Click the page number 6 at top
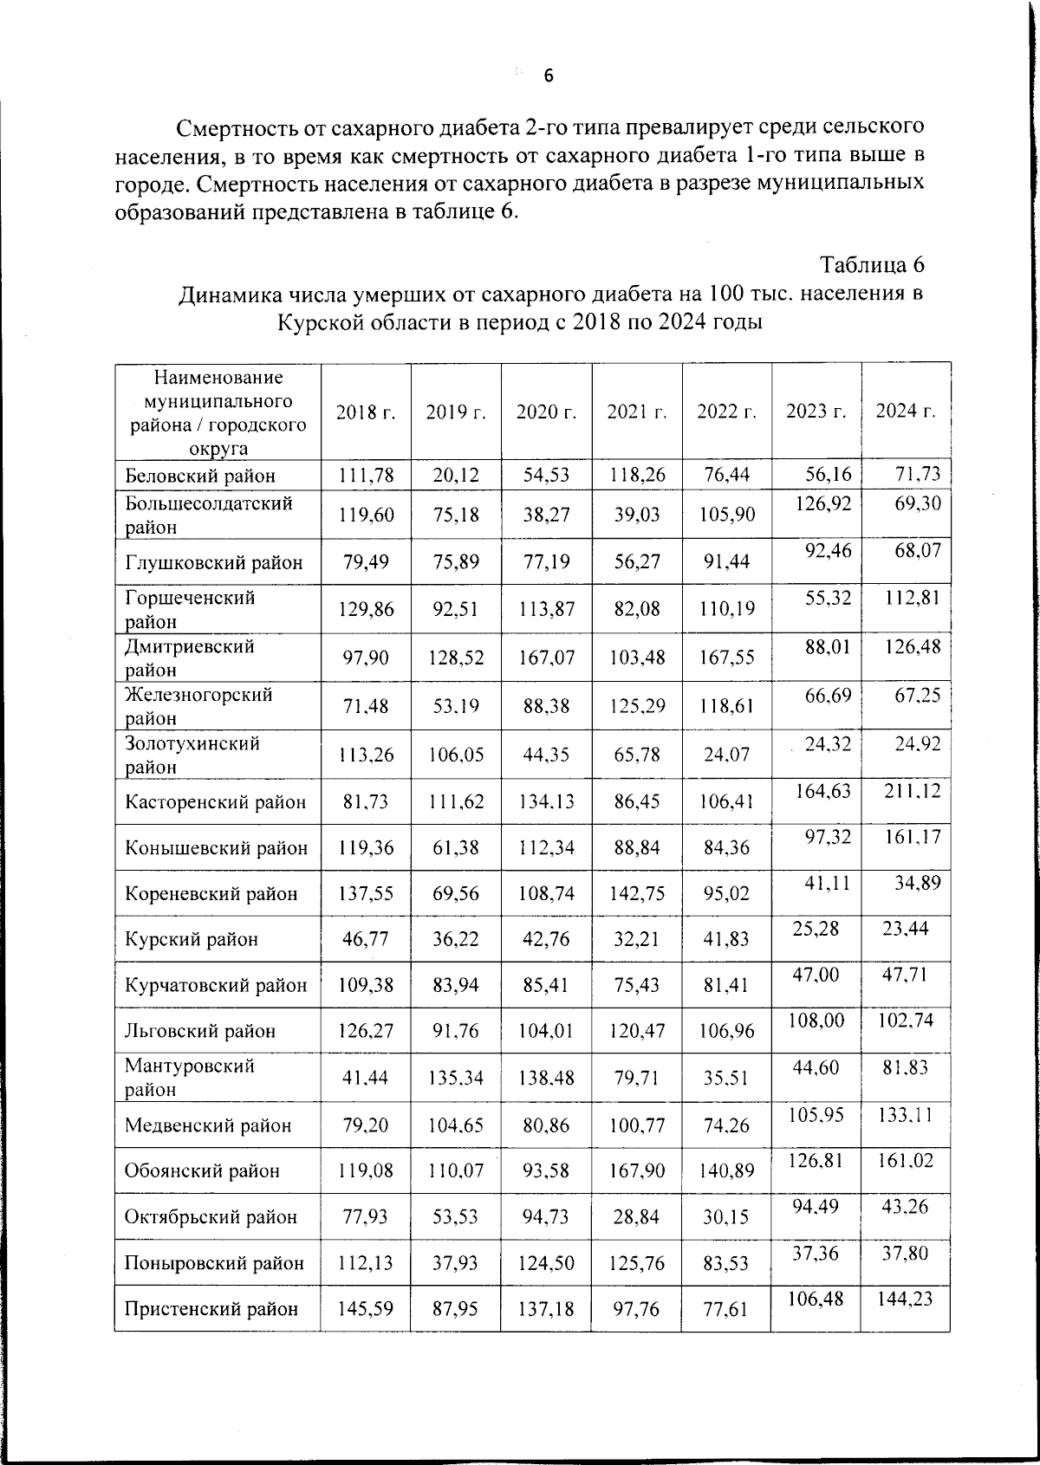pyautogui.click(x=549, y=76)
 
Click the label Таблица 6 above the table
pyautogui.click(x=872, y=264)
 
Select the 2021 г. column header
pyautogui.click(x=637, y=412)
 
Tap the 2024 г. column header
pyautogui.click(x=906, y=411)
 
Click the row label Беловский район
pyautogui.click(x=200, y=476)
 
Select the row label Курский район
pyautogui.click(x=192, y=939)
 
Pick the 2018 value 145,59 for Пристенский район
pyautogui.click(x=366, y=1308)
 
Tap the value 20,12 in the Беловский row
pyautogui.click(x=456, y=475)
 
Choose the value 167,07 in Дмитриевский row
pyautogui.click(x=546, y=658)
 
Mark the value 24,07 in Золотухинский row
pyautogui.click(x=726, y=755)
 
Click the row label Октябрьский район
pyautogui.click(x=211, y=1216)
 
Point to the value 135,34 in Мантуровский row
pyautogui.click(x=456, y=1078)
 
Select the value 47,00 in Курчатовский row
pyautogui.click(x=816, y=975)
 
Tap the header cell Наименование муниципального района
pyautogui.click(x=218, y=412)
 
